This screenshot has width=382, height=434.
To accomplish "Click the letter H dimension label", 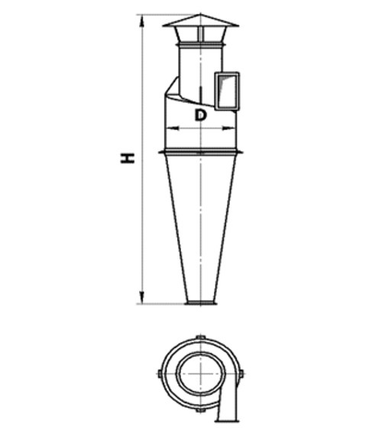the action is pyautogui.click(x=128, y=158).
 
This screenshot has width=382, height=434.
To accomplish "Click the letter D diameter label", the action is pyautogui.click(x=200, y=115).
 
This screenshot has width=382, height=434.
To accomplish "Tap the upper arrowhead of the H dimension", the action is pyautogui.click(x=142, y=21).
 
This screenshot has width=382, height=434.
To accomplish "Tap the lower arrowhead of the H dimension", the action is pyautogui.click(x=141, y=297).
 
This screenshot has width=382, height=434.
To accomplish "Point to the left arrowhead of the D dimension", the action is pyautogui.click(x=173, y=128).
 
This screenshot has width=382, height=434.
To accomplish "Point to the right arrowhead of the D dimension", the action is pyautogui.click(x=228, y=128).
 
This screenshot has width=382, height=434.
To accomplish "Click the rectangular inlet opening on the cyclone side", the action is pyautogui.click(x=227, y=91).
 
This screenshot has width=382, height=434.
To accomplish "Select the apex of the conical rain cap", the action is pyautogui.click(x=200, y=14).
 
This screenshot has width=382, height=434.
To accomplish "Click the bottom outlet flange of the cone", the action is pyautogui.click(x=201, y=303).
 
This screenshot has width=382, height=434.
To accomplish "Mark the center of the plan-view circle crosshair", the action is pyautogui.click(x=201, y=374).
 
